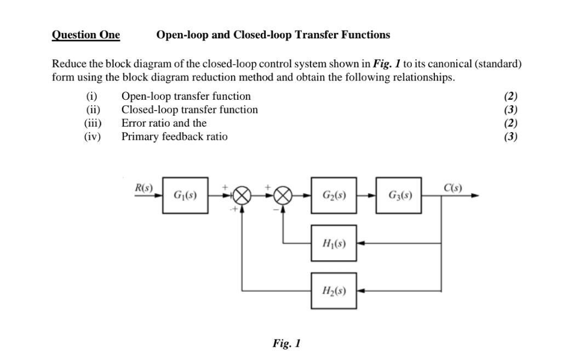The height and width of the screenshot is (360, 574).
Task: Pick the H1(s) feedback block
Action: (x=334, y=242)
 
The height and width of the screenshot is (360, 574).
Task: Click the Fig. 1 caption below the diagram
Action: (x=286, y=344)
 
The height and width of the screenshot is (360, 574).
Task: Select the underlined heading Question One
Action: (x=85, y=35)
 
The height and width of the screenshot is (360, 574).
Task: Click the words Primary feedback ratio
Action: (x=174, y=136)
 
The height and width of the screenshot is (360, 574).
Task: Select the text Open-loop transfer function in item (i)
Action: (x=186, y=96)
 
